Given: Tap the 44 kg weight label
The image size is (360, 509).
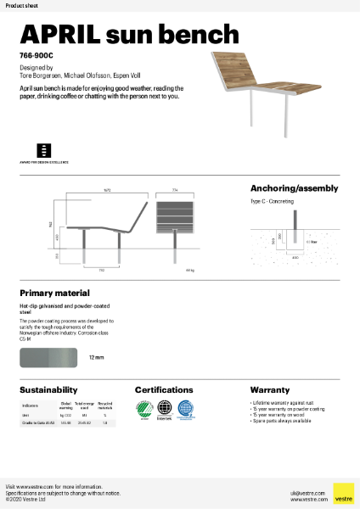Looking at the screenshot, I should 190,271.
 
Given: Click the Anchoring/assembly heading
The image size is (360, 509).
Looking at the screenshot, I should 294,188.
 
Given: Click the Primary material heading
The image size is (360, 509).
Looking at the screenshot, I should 54,293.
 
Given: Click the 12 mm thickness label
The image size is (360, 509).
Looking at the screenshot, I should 96,358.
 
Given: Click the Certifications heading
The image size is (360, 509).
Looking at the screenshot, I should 170,389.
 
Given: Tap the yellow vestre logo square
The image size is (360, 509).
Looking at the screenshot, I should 343,493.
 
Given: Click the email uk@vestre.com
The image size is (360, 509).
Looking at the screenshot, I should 301,491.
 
